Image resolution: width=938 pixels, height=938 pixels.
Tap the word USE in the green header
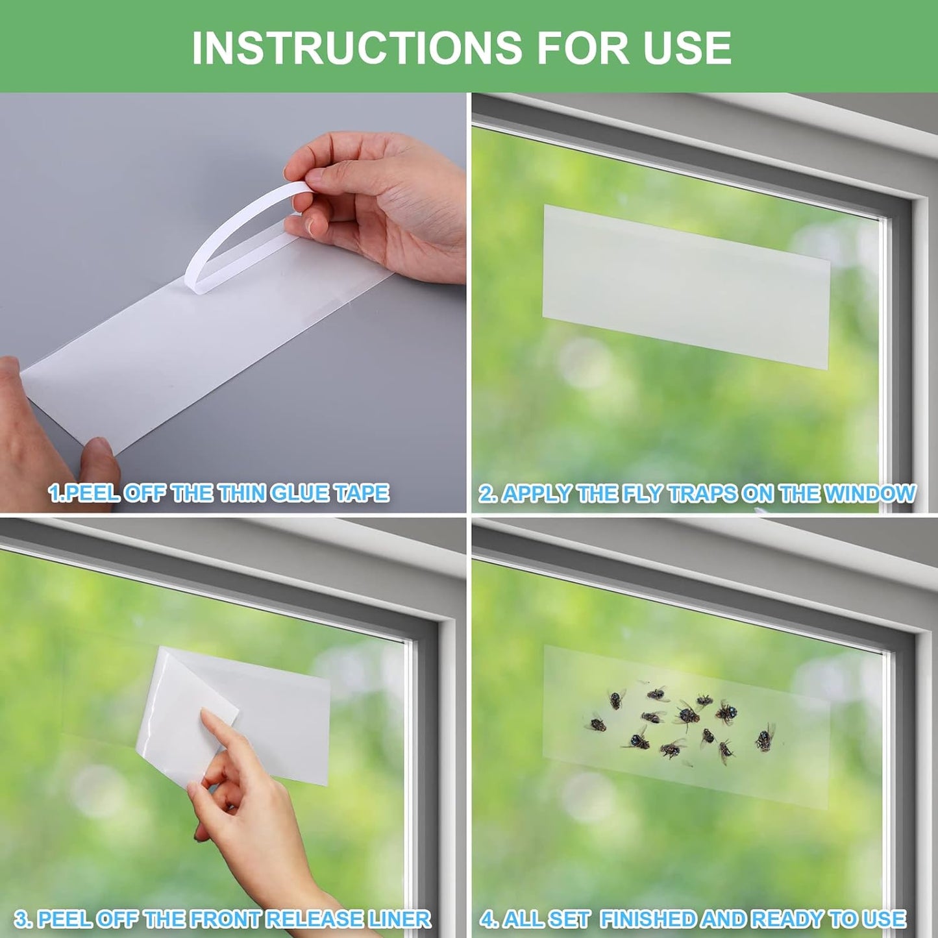point(687,47)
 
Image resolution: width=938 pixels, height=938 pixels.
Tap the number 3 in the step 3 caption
point(21,919)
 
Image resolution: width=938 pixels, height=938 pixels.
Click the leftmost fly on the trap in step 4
point(596,722)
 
